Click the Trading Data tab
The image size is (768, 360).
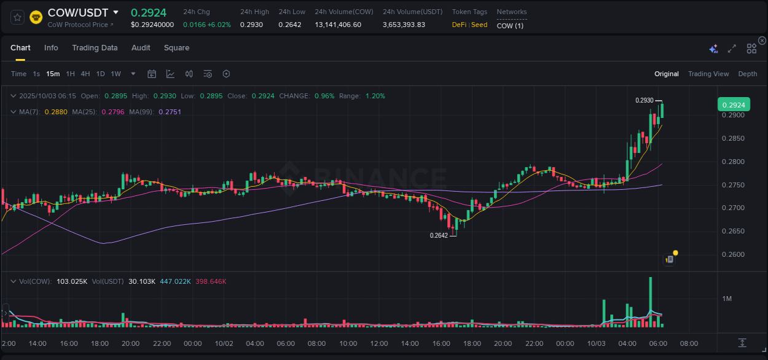click(95, 48)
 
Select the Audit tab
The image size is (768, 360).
click(141, 48)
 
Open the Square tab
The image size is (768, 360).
click(176, 48)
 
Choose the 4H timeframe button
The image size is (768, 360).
click(85, 74)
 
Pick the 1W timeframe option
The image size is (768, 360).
click(116, 74)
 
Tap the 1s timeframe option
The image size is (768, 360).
click(36, 74)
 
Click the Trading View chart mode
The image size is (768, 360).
click(708, 74)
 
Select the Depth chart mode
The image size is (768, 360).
click(747, 74)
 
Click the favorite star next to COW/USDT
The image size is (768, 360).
click(18, 17)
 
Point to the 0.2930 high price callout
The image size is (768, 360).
click(644, 100)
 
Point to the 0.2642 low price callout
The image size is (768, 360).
click(439, 235)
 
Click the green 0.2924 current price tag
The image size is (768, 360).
click(733, 105)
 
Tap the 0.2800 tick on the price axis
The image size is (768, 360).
click(733, 162)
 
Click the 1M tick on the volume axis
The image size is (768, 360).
click(727, 299)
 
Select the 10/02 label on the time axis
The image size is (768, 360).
click(224, 343)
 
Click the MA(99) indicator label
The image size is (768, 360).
click(141, 112)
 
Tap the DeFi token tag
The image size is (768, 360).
click(458, 25)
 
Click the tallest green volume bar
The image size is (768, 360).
click(650, 301)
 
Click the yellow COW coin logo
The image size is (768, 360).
click(36, 17)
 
